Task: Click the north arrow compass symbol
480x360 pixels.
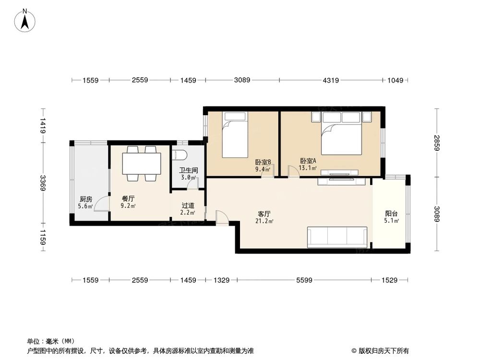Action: pyautogui.click(x=25, y=21)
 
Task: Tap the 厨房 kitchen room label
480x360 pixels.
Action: pyautogui.click(x=86, y=199)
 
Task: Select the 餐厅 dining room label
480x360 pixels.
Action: pyautogui.click(x=128, y=199)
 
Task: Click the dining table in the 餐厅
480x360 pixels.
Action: pyautogui.click(x=142, y=164)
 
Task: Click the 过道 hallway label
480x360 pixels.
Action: pyautogui.click(x=188, y=205)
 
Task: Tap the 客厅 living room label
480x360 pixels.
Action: pyautogui.click(x=264, y=214)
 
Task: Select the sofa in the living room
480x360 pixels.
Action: pyautogui.click(x=337, y=237)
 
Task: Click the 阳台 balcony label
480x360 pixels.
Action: pyautogui.click(x=392, y=214)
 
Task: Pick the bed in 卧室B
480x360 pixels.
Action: pyautogui.click(x=235, y=135)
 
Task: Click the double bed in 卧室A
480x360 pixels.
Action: pyautogui.click(x=341, y=133)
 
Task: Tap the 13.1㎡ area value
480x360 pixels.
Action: pyautogui.click(x=308, y=168)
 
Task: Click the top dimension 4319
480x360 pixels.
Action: pyautogui.click(x=331, y=80)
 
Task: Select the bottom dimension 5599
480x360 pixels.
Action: pyautogui.click(x=304, y=280)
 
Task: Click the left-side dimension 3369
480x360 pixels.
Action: pyautogui.click(x=43, y=183)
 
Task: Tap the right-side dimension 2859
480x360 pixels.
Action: pyautogui.click(x=437, y=143)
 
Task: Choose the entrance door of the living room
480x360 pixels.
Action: pyautogui.click(x=222, y=217)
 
